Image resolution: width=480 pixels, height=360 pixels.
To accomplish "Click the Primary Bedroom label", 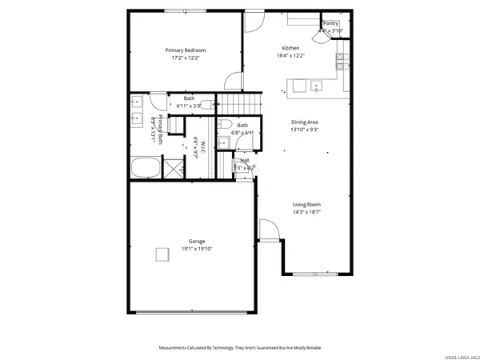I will click(x=185, y=50).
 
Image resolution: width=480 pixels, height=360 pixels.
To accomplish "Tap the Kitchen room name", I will click(x=290, y=47).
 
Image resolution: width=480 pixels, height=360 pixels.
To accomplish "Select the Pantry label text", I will click(x=331, y=24).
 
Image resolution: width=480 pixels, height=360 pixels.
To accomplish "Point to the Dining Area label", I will click(x=305, y=121).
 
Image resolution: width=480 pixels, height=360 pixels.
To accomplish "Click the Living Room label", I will click(x=306, y=204).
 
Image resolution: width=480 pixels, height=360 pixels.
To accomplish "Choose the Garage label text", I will click(x=196, y=241).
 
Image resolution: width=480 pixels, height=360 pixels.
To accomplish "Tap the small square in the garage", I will click(x=162, y=254).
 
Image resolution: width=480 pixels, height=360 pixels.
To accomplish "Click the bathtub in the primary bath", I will click(x=146, y=169).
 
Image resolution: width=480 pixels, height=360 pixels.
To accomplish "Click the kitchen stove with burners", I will click(x=341, y=58).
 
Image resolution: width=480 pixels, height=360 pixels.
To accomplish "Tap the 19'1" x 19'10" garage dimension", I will click(x=196, y=249).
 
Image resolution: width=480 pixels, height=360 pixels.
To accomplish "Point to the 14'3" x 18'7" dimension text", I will click(x=306, y=212).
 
